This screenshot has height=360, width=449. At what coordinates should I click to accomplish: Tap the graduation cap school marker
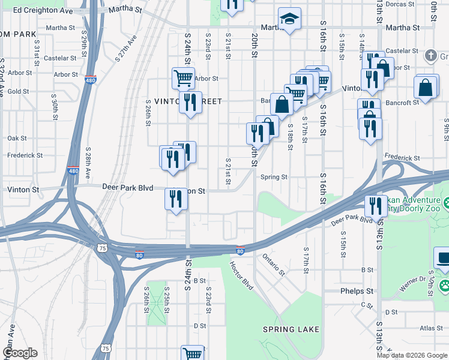(289, 20)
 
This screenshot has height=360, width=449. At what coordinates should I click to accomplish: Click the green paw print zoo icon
(444, 284)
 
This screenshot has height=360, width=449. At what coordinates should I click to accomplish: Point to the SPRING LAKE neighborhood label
(291, 329)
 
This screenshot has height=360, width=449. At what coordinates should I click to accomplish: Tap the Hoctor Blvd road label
(241, 275)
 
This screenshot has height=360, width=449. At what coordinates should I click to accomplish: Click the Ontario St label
(273, 265)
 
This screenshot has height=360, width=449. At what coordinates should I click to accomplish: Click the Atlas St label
(431, 328)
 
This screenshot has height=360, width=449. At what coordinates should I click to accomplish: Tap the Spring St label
(274, 177)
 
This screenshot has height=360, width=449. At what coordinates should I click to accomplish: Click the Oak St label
(17, 138)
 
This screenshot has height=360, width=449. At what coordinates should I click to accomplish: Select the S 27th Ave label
(126, 47)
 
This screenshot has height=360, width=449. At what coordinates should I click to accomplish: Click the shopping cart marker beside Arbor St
(183, 77)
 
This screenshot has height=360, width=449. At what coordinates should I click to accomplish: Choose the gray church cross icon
(430, 56)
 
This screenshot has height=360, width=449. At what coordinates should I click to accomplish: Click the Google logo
(20, 353)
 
